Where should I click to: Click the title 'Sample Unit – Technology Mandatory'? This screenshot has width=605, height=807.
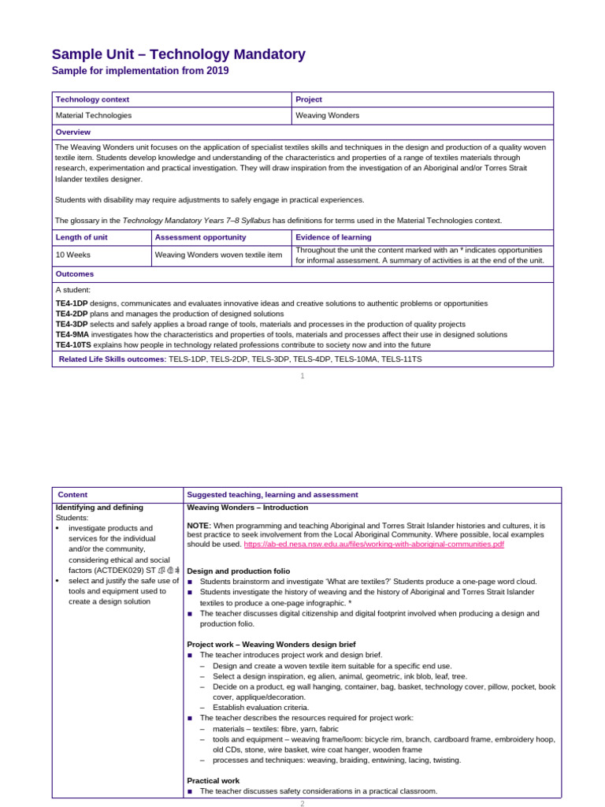tap(178, 54)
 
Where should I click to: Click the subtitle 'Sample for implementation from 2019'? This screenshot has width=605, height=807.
tap(140, 71)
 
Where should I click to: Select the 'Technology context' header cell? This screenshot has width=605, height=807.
tap(92, 99)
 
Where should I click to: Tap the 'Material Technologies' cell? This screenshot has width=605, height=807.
tap(94, 115)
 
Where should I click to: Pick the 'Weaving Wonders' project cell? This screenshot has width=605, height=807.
tap(327, 115)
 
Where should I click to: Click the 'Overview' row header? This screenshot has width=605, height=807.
tap(73, 132)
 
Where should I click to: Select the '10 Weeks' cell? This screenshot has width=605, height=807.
tap(71, 255)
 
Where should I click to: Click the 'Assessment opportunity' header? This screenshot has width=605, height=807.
tap(200, 237)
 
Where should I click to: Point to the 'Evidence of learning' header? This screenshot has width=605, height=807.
tap(333, 237)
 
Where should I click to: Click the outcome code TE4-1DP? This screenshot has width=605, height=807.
tap(71, 303)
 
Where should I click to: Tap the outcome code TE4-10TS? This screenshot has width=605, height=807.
tap(73, 344)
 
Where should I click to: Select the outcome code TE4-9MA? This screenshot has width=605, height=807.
tap(72, 334)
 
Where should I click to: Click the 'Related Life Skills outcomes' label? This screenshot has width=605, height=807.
tap(112, 359)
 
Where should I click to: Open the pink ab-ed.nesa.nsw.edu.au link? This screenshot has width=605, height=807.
tap(373, 544)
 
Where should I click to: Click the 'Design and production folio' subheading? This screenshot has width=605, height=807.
tap(238, 571)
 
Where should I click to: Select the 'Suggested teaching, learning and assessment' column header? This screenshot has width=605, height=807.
tap(272, 494)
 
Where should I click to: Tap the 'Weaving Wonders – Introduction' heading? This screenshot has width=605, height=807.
tap(247, 508)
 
